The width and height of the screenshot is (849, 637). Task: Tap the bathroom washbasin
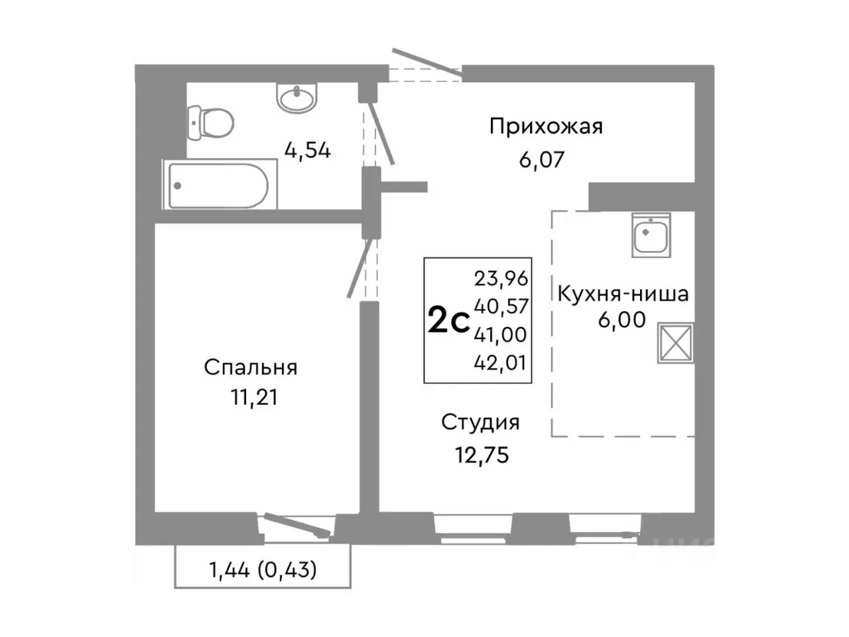click(x=297, y=98)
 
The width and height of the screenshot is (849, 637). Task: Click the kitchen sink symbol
click(x=651, y=236)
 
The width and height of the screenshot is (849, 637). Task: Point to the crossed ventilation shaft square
click(x=675, y=343)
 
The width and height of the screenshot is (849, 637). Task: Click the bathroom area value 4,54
click(x=307, y=151)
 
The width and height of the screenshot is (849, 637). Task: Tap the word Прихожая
click(x=546, y=126)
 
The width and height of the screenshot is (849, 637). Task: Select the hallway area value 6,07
click(x=541, y=159)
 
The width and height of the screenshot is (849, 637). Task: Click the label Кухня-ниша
click(x=622, y=293)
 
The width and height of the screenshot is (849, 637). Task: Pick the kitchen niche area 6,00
click(x=621, y=320)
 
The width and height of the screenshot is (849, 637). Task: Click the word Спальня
click(x=250, y=367)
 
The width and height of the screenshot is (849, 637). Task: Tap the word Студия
click(x=480, y=422)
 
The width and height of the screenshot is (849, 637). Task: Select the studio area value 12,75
click(x=482, y=455)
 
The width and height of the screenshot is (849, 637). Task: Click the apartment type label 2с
click(x=448, y=322)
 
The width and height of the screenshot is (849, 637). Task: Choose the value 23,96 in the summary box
click(x=501, y=278)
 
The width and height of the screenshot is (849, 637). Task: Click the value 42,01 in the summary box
click(x=501, y=363)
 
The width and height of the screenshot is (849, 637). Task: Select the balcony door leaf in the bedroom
click(x=296, y=524)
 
